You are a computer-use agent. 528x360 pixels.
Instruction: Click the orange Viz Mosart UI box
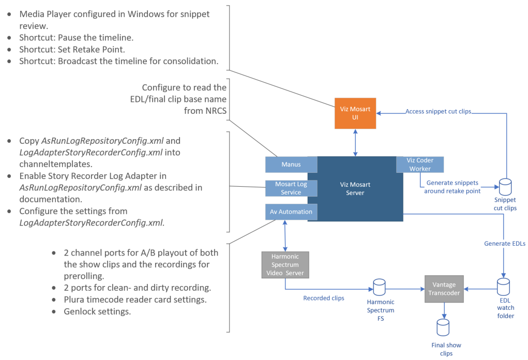click(x=355, y=113)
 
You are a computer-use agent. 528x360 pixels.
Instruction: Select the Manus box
click(x=291, y=164)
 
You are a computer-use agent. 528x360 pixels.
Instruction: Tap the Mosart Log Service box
click(x=291, y=188)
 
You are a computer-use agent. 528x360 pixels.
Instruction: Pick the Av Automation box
click(x=291, y=212)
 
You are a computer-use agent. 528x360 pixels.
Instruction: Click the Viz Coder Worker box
click(x=420, y=164)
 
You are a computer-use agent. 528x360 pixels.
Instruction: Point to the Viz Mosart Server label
click(x=355, y=189)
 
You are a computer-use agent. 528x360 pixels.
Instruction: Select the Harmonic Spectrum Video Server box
click(x=285, y=264)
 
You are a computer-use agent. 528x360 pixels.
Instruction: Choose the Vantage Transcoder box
click(x=444, y=289)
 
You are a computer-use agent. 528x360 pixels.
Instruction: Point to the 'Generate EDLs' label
click(x=505, y=243)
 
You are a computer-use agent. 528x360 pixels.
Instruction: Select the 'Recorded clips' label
click(x=324, y=298)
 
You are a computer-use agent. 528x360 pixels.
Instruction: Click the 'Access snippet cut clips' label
click(x=438, y=111)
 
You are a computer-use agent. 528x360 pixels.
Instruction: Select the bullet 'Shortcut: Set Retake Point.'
click(x=72, y=50)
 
